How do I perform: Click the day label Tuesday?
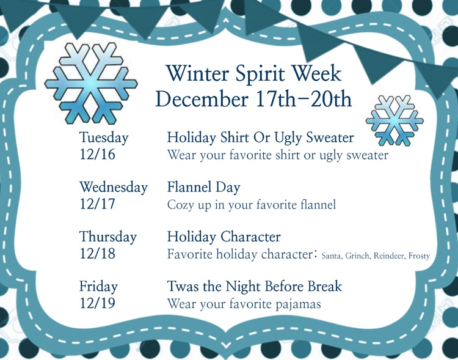[104, 138]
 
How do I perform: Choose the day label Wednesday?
[114, 187]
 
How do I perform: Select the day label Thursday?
[108, 237]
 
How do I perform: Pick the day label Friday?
[98, 286]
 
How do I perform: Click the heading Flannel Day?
[204, 187]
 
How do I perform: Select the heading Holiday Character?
[224, 237]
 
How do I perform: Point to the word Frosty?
[419, 256]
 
